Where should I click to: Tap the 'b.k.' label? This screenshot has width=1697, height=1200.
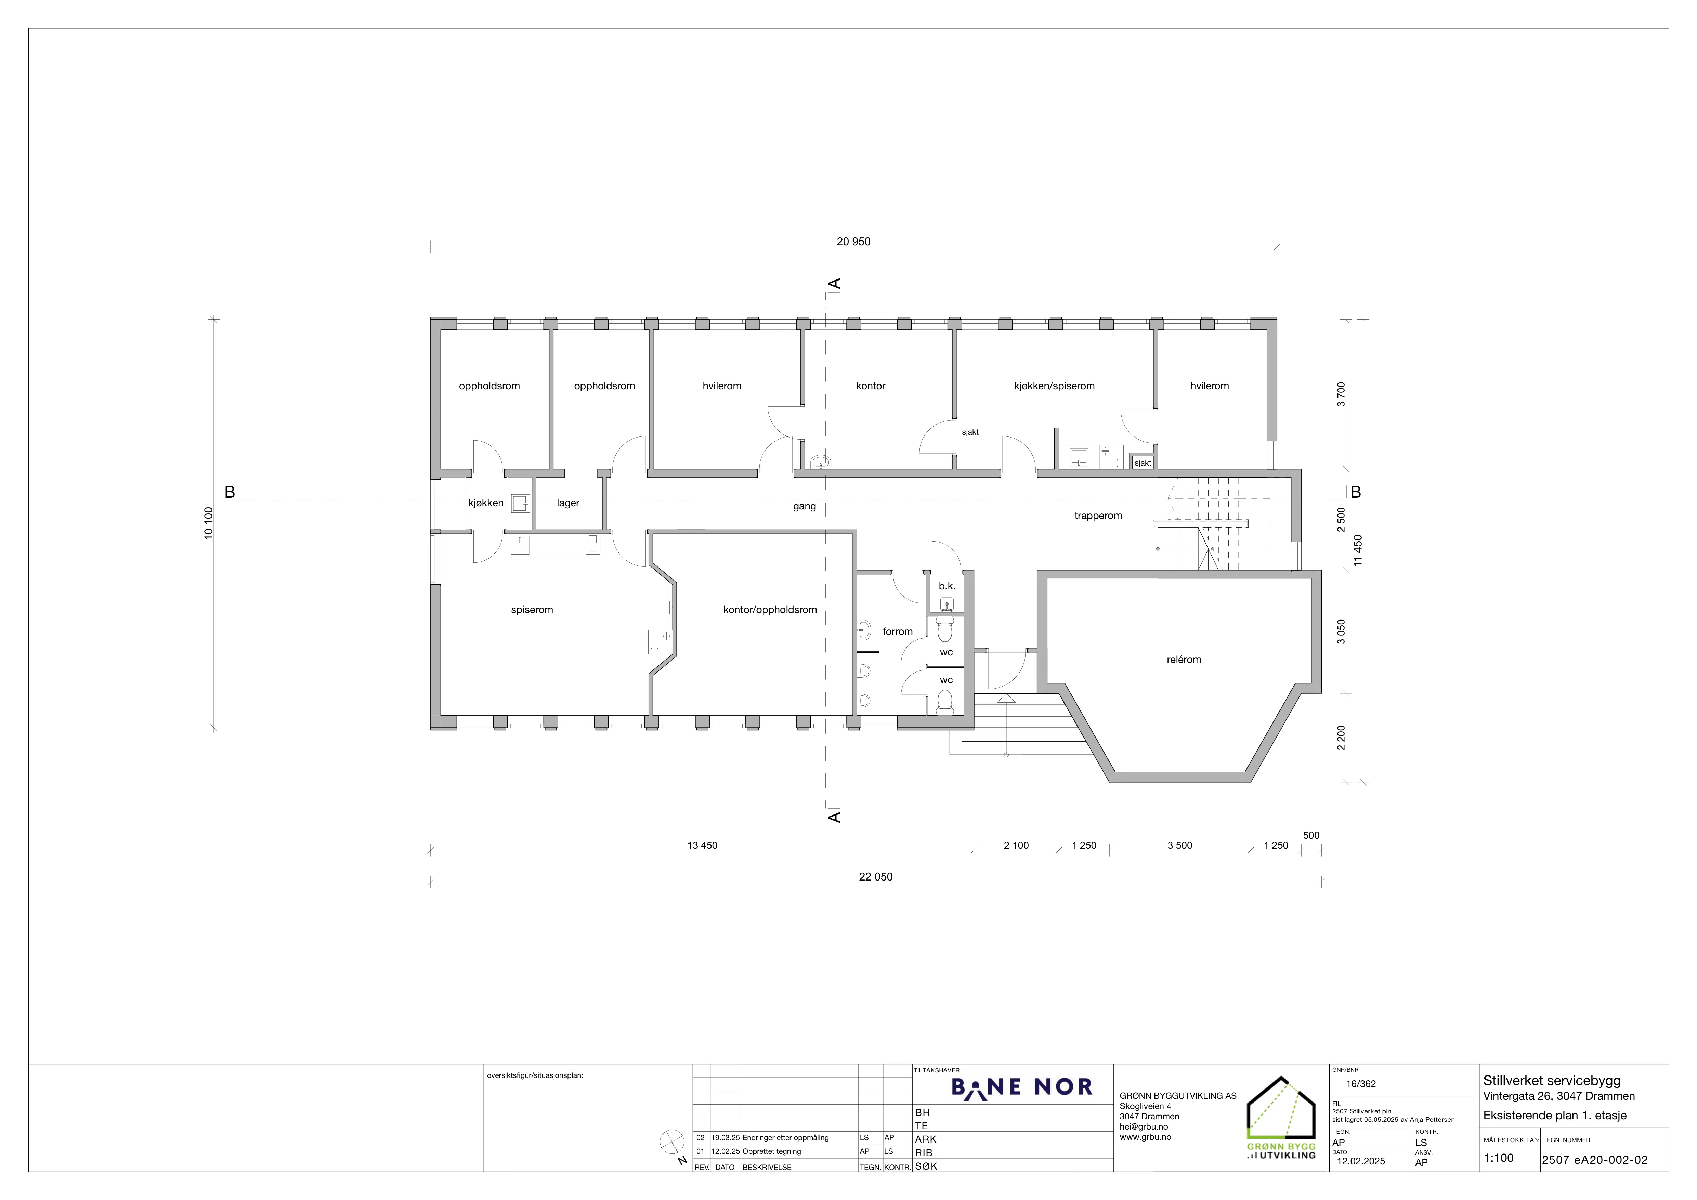947,586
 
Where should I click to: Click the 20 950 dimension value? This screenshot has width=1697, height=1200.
854,242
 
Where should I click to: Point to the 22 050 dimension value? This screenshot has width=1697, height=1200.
876,877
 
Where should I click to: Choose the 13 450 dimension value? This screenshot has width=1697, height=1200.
702,845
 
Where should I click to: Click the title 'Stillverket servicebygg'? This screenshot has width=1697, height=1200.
1551,1080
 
